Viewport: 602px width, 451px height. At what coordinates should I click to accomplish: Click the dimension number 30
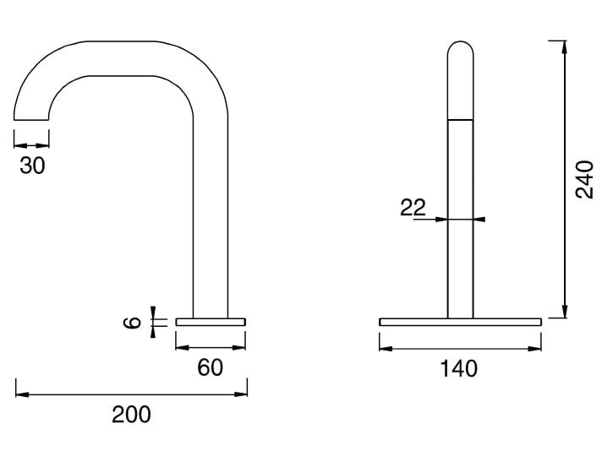[x=33, y=166]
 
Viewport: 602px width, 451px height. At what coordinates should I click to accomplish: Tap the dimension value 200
[x=131, y=415]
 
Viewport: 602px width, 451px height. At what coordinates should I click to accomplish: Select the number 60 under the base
[x=210, y=367]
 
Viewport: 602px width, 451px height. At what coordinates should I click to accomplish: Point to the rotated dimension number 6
[x=132, y=322]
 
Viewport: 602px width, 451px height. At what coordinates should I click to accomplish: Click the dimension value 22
[x=413, y=208]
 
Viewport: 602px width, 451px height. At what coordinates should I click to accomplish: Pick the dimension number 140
[x=459, y=369]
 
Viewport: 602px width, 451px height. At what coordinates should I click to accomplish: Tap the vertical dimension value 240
[x=584, y=179]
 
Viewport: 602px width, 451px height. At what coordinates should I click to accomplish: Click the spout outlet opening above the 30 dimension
[x=31, y=120]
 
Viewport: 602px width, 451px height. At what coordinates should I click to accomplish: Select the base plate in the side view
[x=211, y=322]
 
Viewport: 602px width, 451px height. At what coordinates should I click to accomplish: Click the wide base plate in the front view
[x=460, y=322]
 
